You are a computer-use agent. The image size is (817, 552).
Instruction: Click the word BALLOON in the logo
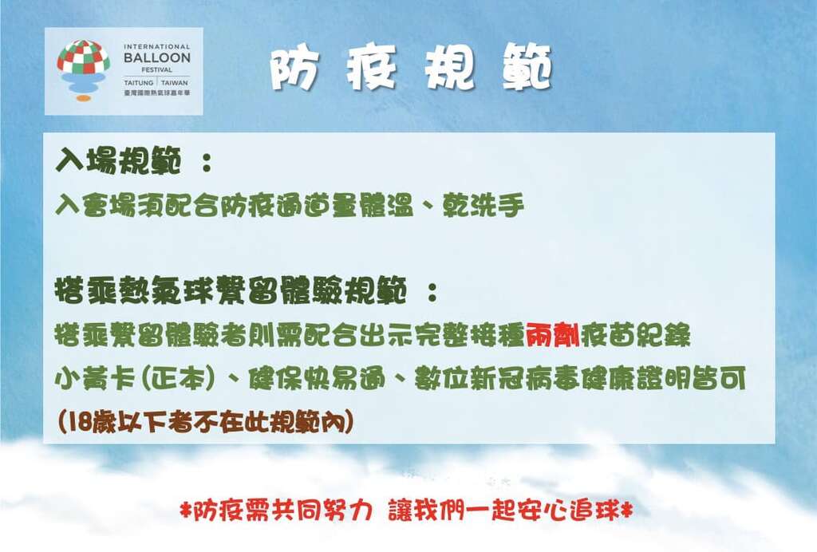click(157, 58)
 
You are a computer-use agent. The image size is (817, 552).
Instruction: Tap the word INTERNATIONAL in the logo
click(157, 47)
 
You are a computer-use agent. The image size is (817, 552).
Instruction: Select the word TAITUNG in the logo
click(140, 82)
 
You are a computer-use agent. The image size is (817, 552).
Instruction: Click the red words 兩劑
click(552, 335)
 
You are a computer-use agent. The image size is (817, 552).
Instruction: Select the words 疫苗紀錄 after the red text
click(635, 335)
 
